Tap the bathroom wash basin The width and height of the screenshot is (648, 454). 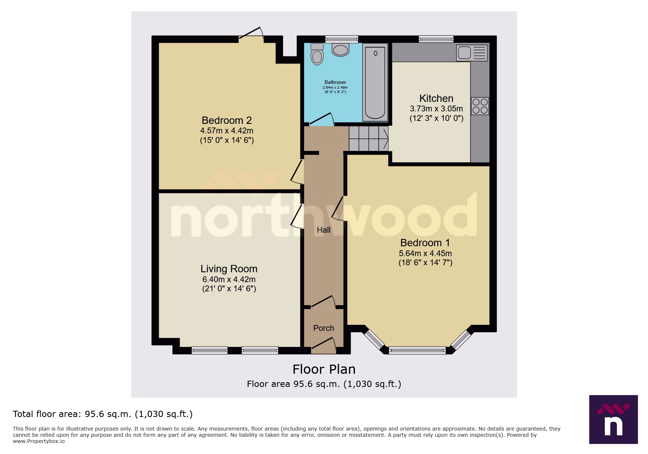pyautogui.click(x=340, y=49)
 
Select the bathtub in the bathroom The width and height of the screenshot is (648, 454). pyautogui.click(x=375, y=83)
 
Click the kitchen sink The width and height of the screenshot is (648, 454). pyautogui.click(x=472, y=53)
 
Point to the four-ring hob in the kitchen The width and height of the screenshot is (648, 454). pyautogui.click(x=480, y=106)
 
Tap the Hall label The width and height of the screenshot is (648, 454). pyautogui.click(x=323, y=230)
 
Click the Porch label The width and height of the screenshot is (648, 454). pyautogui.click(x=323, y=328)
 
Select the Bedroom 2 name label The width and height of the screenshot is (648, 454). pyautogui.click(x=226, y=120)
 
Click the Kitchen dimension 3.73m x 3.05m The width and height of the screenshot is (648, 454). pyautogui.click(x=436, y=109)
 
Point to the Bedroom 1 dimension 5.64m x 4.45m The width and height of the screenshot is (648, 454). pyautogui.click(x=425, y=253)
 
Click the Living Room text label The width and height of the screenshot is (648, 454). pyautogui.click(x=229, y=269)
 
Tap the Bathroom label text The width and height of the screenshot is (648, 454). pyautogui.click(x=335, y=82)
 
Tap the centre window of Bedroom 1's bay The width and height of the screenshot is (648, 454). pyautogui.click(x=417, y=350)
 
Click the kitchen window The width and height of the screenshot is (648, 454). pyautogui.click(x=436, y=39)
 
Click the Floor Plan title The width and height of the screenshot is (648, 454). pyautogui.click(x=324, y=369)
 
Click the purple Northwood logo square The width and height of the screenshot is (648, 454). pyautogui.click(x=613, y=419)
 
